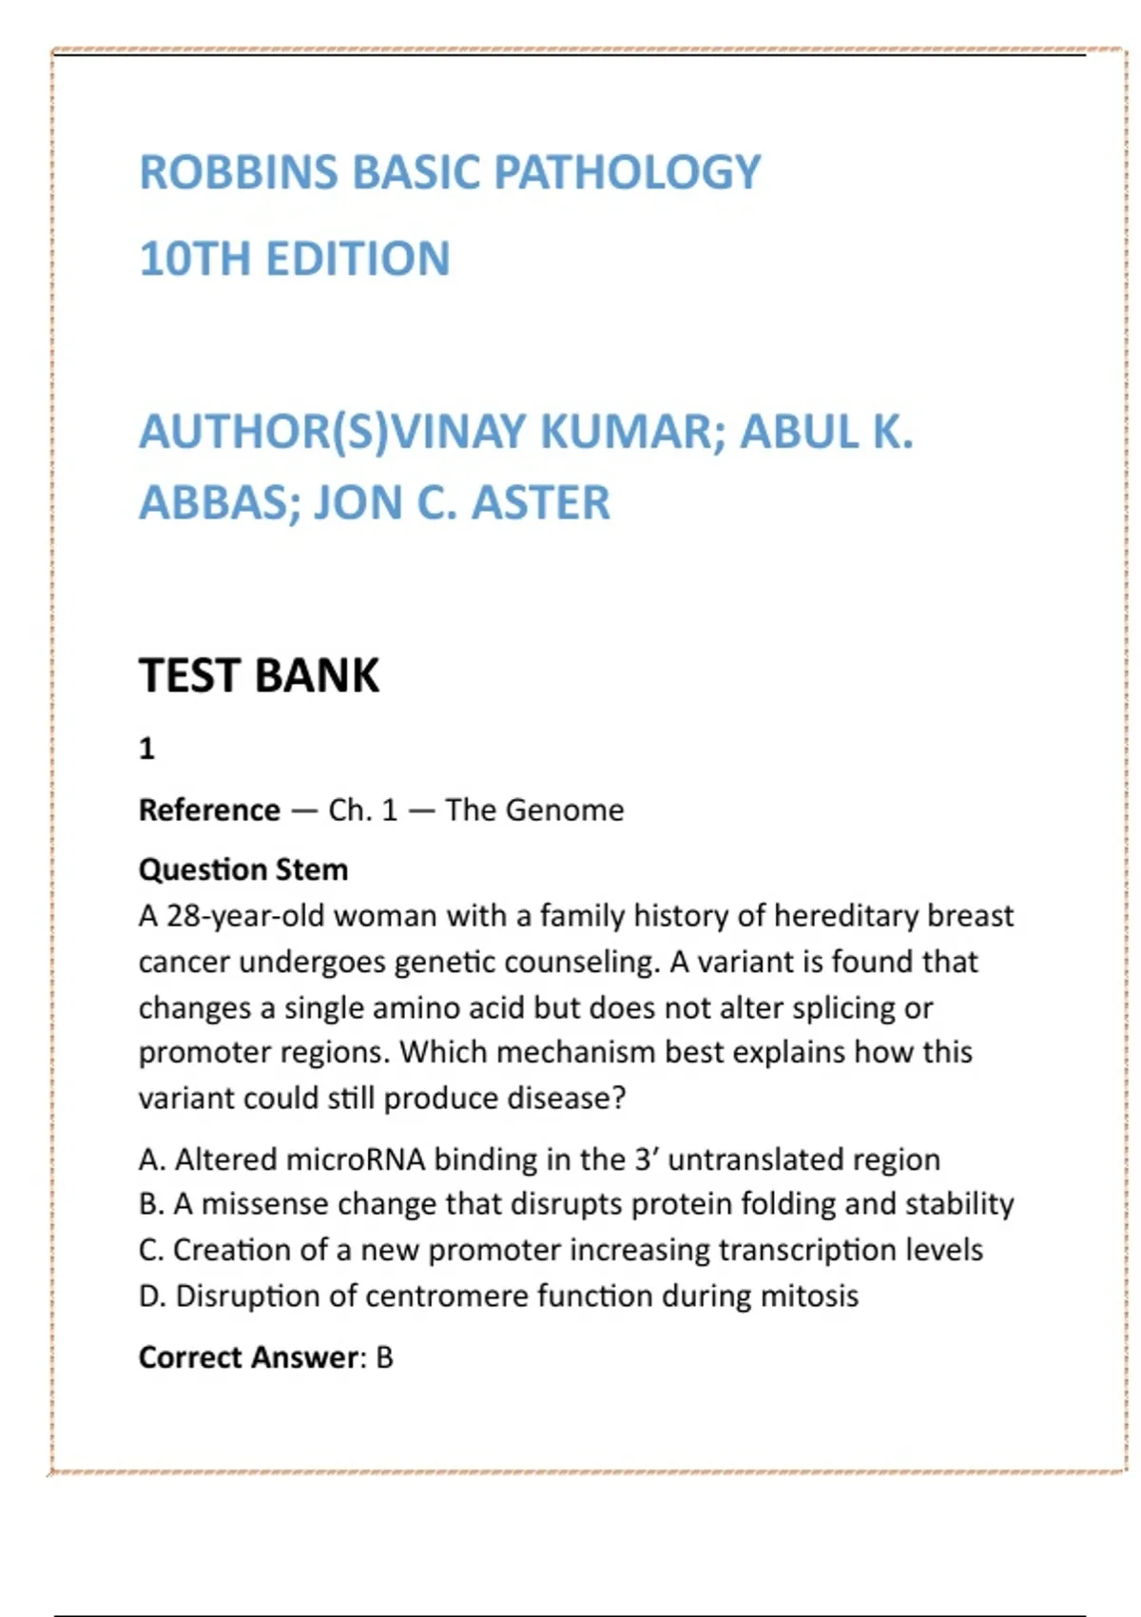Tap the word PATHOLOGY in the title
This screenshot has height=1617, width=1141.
coord(628,173)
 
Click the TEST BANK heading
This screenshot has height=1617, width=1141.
coord(259,675)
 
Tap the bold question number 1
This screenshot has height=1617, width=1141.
coord(146,750)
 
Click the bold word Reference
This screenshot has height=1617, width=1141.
coord(209,810)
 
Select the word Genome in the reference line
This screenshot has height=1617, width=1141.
coord(565,810)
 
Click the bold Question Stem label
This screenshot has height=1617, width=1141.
coord(243,869)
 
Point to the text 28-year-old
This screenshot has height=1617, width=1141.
coord(246,916)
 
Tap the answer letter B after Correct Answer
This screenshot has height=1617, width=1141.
coord(384,1357)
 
